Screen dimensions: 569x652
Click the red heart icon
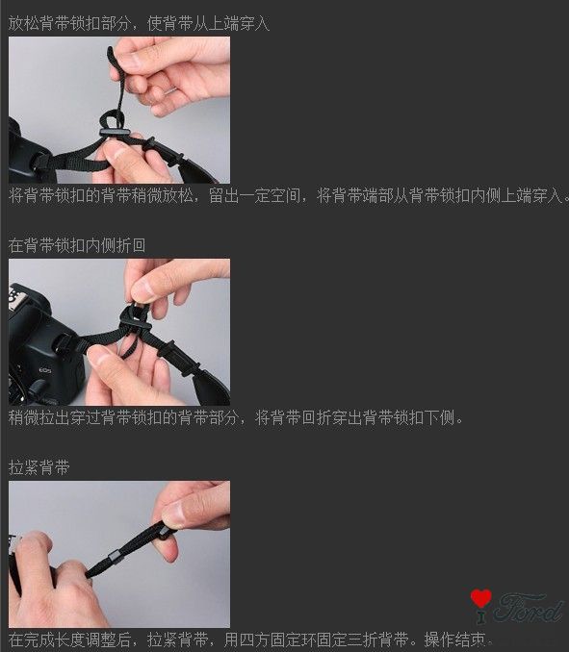coord(480,598)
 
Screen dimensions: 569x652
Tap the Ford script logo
coord(528,609)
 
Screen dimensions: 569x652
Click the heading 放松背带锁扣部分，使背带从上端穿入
coord(139,23)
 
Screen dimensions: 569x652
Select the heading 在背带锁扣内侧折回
coord(77,245)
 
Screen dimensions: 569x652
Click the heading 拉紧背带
coord(39,467)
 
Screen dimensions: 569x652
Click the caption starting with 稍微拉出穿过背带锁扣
coord(236,417)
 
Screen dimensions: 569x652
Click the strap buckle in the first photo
coord(115,133)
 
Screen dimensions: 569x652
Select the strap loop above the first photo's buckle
coord(109,119)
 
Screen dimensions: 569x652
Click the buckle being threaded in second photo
coord(135,320)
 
